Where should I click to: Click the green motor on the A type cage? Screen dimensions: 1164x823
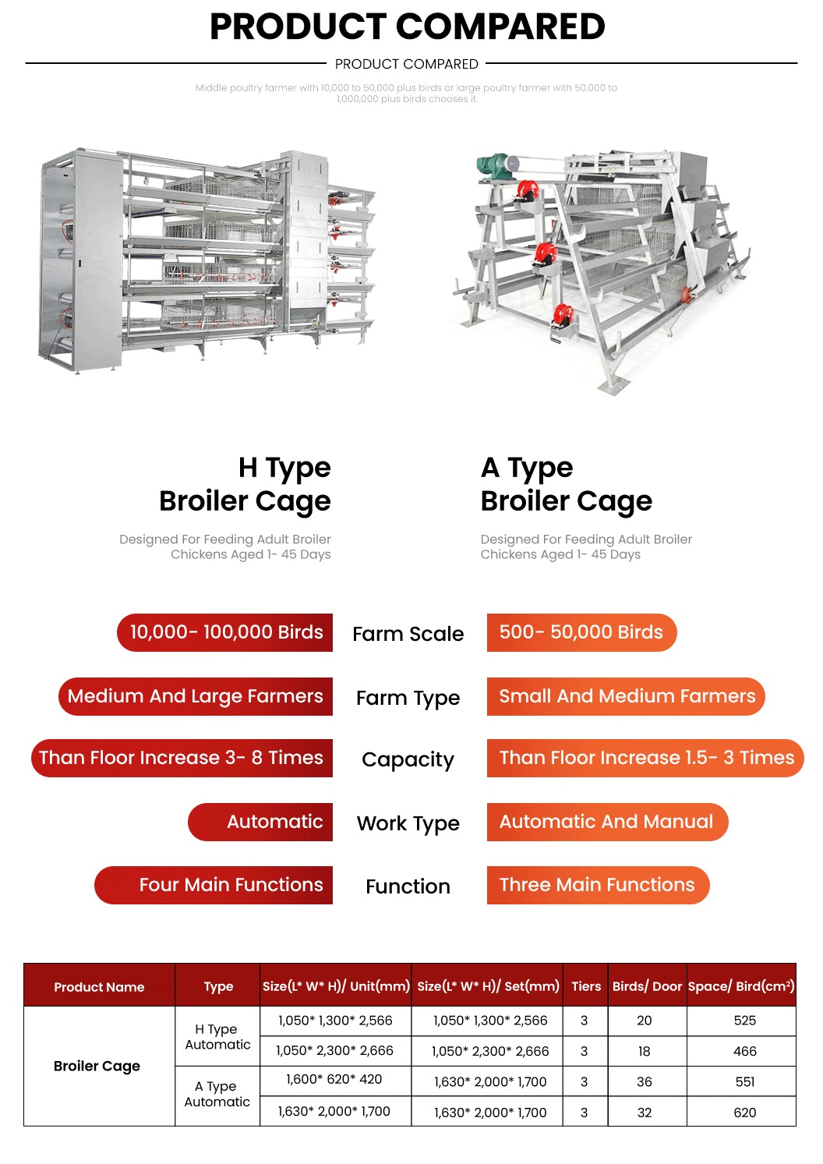[493, 166]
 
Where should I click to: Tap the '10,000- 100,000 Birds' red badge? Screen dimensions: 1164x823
[225, 632]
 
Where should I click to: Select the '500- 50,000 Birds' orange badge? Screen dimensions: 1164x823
[581, 632]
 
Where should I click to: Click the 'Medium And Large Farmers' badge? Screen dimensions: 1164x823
[196, 696]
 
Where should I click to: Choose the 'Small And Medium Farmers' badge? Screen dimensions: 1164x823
[626, 696]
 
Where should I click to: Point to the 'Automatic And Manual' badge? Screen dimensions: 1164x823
[606, 822]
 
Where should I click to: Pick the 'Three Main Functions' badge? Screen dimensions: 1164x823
[597, 885]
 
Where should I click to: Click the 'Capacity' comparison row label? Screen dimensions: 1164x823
[408, 759]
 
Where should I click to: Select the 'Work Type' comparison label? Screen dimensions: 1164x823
[408, 823]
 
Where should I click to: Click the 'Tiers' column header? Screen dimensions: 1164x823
[586, 986]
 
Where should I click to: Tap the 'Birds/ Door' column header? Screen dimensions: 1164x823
[647, 986]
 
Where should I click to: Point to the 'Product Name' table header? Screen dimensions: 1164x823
[99, 987]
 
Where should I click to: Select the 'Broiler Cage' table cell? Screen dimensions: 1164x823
[97, 1066]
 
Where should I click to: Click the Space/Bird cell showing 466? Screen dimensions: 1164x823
[744, 1051]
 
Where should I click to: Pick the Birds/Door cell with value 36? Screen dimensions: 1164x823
[645, 1082]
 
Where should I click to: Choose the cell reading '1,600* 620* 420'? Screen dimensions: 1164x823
[334, 1080]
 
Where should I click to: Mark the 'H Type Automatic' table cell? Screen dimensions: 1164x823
[217, 1037]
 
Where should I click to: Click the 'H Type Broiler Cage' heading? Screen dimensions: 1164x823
[245, 484]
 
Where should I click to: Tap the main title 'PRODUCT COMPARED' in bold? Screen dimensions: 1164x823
[407, 27]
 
